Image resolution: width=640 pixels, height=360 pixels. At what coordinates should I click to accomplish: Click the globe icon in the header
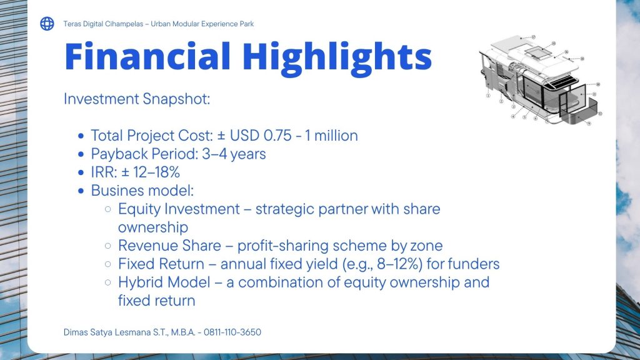point(47,24)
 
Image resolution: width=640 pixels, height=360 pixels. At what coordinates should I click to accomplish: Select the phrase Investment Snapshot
point(137,99)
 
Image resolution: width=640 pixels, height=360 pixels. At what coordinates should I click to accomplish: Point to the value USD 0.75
point(261,136)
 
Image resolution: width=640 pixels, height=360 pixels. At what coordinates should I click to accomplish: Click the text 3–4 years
point(234,154)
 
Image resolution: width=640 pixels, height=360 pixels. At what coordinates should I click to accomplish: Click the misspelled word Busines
point(117,191)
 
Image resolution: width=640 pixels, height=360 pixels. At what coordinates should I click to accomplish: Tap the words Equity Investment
point(179,209)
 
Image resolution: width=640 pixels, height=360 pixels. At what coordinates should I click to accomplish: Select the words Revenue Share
point(169,246)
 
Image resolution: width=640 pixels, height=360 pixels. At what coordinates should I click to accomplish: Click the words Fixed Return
point(161,264)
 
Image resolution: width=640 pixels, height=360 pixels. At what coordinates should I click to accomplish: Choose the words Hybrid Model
point(164,282)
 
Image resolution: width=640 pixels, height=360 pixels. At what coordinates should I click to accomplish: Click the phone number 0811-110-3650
point(232,332)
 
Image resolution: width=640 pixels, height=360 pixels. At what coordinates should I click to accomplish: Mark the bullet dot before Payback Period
point(81,154)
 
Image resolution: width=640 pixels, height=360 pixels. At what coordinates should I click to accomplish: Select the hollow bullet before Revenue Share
point(107,246)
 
